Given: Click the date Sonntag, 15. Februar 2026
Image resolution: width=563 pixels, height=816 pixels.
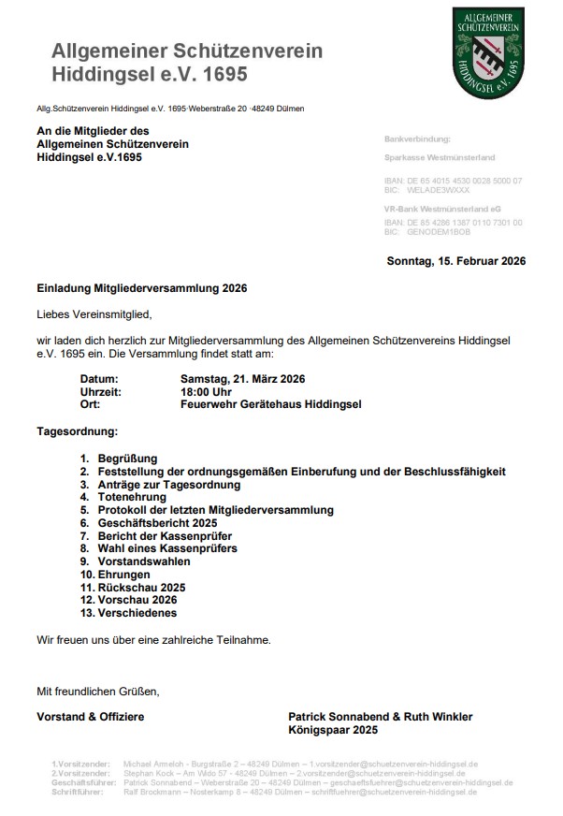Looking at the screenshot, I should pos(455,261).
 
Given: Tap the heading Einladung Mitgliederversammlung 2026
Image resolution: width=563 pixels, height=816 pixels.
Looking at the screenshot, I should pos(142,289).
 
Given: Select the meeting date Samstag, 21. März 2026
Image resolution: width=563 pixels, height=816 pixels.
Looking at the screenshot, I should pos(242,379).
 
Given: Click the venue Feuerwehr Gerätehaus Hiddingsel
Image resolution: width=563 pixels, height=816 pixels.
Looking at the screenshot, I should pos(270,405).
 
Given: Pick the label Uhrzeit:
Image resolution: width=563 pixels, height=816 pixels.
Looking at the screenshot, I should pos(101,392).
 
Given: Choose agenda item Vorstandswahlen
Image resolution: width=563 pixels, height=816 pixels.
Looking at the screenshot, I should pos(144,561).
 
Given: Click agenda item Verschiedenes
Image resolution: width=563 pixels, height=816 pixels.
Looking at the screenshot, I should pos(137,613).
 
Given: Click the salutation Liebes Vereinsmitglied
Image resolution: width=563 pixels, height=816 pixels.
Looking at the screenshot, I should pos(94,313).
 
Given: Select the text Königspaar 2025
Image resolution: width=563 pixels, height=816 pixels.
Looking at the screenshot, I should pos(334,730).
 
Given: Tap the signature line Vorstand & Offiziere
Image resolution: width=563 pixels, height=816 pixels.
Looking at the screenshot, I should pos(91,717).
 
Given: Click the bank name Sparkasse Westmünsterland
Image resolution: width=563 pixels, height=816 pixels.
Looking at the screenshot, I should pos(440,158).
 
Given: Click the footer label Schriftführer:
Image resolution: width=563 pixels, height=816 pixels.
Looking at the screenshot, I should pos(81,792).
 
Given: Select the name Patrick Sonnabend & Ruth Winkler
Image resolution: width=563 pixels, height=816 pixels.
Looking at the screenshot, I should pos(381,717).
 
